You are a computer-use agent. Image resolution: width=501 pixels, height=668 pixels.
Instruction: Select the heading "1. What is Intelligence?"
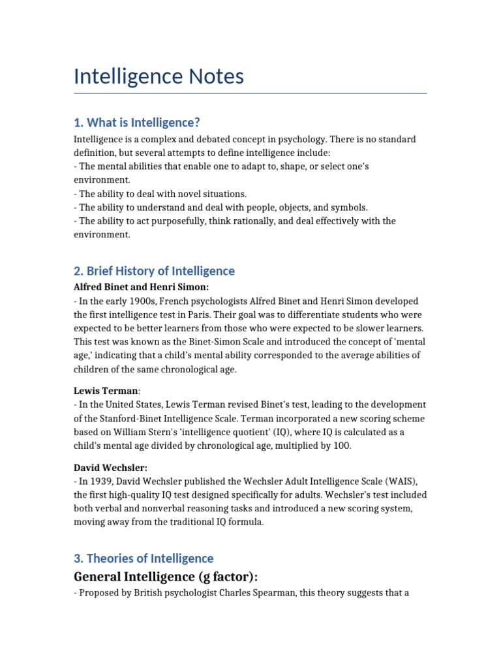137,122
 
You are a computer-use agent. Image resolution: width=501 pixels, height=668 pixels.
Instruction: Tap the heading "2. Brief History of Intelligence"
154,271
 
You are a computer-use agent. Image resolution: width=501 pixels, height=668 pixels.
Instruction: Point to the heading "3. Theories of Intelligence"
144,558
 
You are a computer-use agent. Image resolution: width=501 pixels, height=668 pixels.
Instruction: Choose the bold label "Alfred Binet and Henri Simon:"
141,287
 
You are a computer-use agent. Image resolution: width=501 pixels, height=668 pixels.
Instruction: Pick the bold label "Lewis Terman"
106,391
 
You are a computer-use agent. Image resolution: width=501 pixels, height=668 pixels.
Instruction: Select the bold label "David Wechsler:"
110,468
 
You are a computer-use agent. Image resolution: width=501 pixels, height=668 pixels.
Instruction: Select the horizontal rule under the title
250,93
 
